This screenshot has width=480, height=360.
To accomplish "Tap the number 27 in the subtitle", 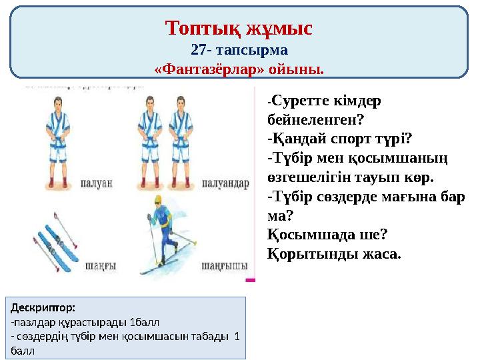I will pyautogui.click(x=199, y=50).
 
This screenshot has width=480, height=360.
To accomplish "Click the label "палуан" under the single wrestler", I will pyautogui.click(x=97, y=182).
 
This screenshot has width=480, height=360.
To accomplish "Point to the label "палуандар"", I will pyautogui.click(x=225, y=182).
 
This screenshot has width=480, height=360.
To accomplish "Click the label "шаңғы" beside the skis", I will pyautogui.click(x=101, y=266).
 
